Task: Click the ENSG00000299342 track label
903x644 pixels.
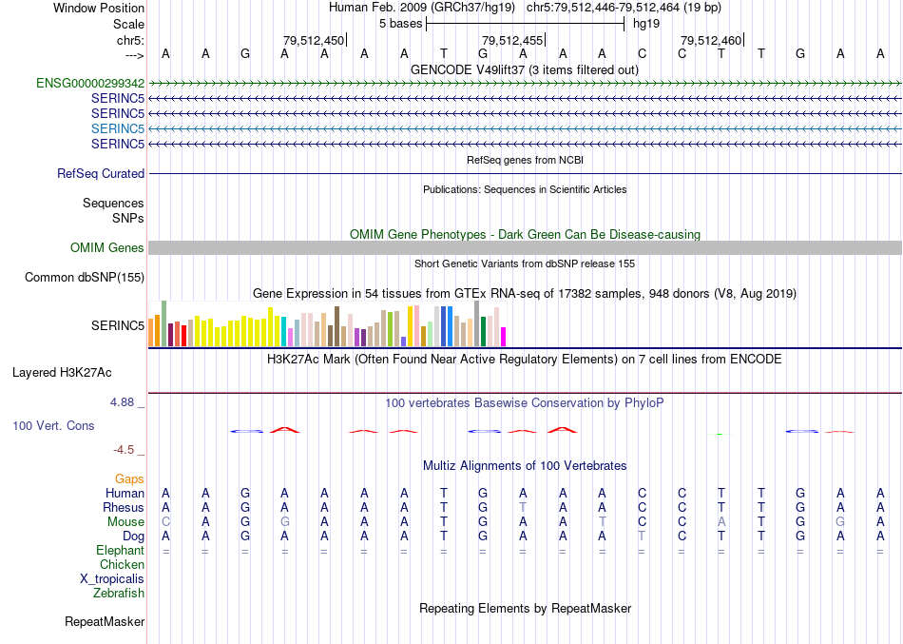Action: click(x=90, y=83)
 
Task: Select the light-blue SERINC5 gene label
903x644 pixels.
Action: click(x=118, y=128)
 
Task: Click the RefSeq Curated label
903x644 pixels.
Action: click(x=101, y=174)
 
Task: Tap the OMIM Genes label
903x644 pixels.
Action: click(x=107, y=248)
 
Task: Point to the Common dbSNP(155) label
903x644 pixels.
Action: click(x=86, y=278)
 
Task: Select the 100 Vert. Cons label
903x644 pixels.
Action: click(x=53, y=426)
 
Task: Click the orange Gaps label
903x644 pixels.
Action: click(x=129, y=478)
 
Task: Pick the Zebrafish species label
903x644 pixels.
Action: click(x=119, y=594)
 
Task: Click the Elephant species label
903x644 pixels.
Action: click(x=120, y=551)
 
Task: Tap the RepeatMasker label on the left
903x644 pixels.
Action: click(x=105, y=622)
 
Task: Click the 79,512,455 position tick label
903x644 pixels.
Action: click(x=512, y=40)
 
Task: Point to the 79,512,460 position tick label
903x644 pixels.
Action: click(x=711, y=40)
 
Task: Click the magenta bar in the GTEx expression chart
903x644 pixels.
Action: click(x=504, y=337)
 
